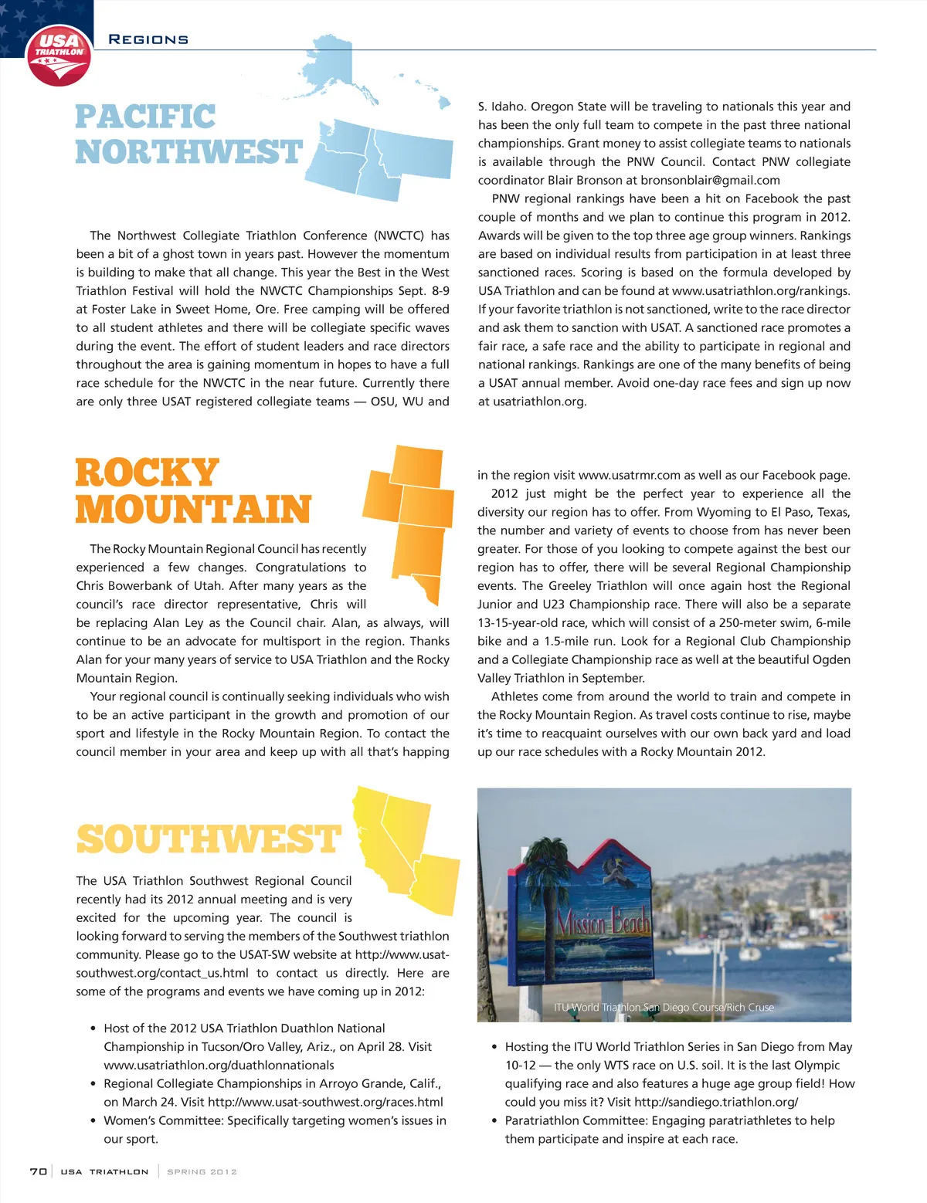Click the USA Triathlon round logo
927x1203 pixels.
[x=59, y=56]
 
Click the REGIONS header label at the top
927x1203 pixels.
[x=148, y=39]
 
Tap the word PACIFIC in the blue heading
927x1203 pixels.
[x=145, y=117]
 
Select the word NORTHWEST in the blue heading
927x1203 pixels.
[x=188, y=152]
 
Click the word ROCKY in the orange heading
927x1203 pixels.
[x=148, y=473]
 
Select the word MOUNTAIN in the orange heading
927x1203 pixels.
[x=193, y=510]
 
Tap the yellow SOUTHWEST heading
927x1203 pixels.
[x=209, y=839]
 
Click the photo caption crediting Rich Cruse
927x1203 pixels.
[x=664, y=1007]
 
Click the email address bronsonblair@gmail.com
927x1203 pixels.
[x=711, y=181]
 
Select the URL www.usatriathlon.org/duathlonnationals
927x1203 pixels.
[x=219, y=1065]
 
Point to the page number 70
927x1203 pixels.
[x=38, y=1171]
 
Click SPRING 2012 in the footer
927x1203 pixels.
[x=202, y=1171]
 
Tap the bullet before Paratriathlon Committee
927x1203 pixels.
[x=494, y=1120]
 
